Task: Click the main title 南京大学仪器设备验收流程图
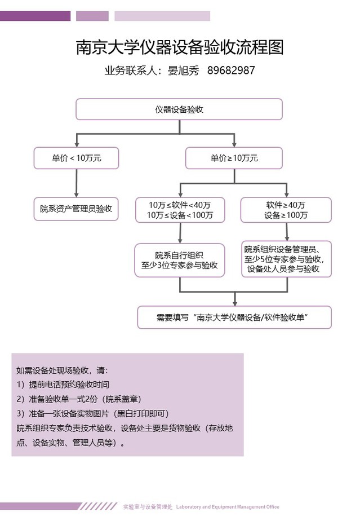click(x=179, y=47)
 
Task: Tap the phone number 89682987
click(x=231, y=71)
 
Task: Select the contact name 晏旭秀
click(x=180, y=71)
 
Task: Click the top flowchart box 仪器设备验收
click(x=179, y=109)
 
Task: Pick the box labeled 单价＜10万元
click(x=76, y=158)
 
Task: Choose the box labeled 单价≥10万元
click(x=234, y=158)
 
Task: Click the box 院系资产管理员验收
click(x=76, y=208)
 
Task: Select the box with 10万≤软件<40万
click(x=180, y=210)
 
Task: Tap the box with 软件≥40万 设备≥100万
click(x=286, y=210)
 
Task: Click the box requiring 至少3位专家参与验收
click(x=180, y=259)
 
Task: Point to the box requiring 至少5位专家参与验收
click(x=286, y=259)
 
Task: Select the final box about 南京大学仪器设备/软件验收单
click(x=234, y=317)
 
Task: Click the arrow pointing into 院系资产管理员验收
click(x=76, y=186)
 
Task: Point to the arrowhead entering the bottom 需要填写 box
click(x=234, y=302)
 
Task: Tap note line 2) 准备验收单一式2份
click(x=77, y=399)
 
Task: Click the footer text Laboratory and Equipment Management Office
click(x=228, y=507)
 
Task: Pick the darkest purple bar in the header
click(x=35, y=16)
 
